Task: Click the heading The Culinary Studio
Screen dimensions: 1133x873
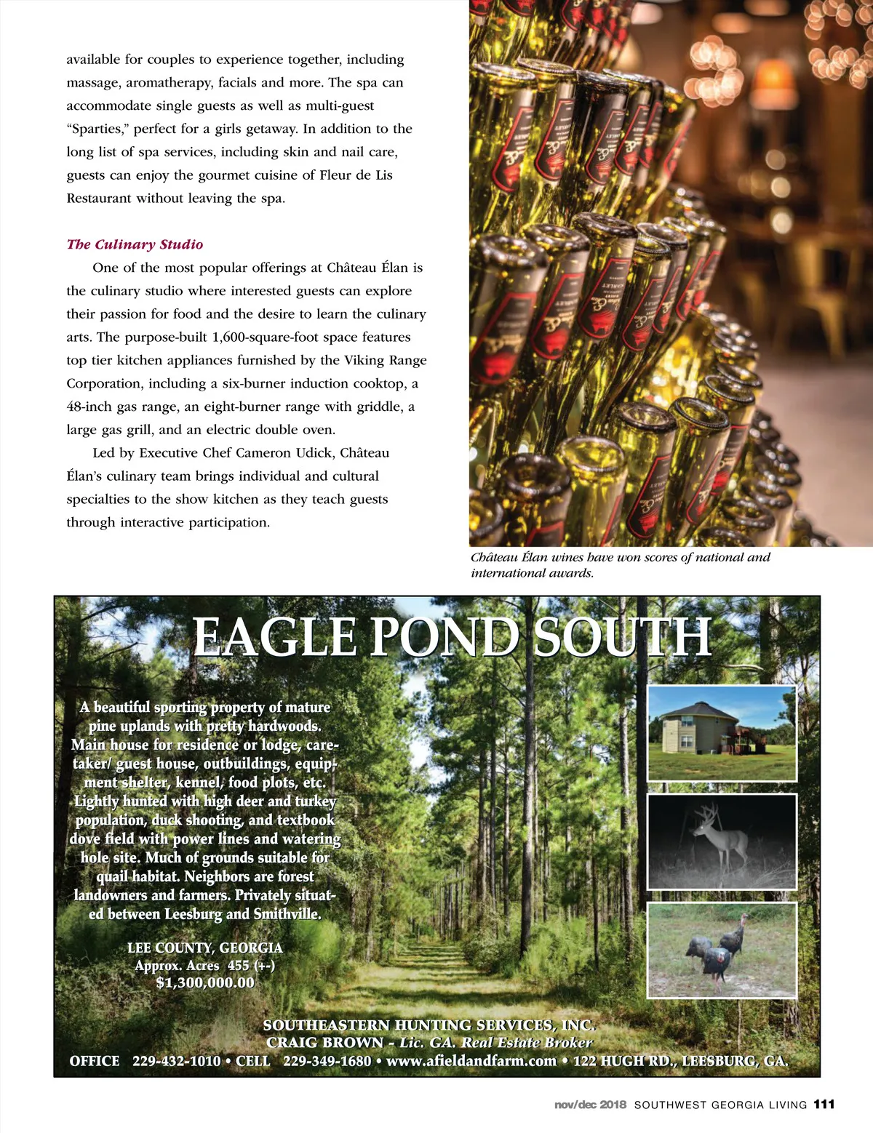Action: [135, 244]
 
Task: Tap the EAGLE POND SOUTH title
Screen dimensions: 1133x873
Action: [451, 637]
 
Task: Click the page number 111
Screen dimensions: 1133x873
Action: [824, 1104]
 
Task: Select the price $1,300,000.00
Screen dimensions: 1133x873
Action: [205, 982]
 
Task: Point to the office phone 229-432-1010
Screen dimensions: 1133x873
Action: [176, 1061]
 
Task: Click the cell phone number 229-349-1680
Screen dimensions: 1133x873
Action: [327, 1061]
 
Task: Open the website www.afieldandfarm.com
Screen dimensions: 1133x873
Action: [471, 1061]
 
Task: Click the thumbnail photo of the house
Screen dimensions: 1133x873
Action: [722, 733]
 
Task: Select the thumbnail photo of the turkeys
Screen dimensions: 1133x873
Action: [722, 950]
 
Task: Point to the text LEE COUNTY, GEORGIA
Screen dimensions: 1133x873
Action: [205, 948]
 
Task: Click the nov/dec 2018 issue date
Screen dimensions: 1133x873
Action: [590, 1105]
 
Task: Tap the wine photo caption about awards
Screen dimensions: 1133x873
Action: [620, 565]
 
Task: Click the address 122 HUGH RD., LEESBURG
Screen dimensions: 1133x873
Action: [679, 1061]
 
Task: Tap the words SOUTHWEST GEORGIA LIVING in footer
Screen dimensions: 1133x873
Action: [720, 1105]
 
